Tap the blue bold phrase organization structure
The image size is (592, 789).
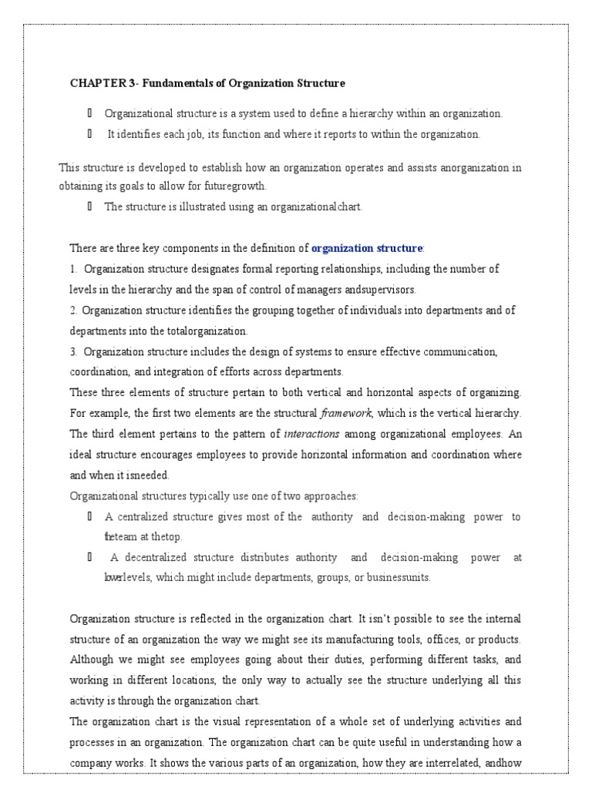click(367, 248)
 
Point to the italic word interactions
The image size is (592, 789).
click(311, 434)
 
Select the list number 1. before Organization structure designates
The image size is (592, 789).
click(74, 269)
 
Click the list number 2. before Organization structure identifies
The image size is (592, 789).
click(74, 311)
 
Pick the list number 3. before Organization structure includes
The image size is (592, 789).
click(74, 351)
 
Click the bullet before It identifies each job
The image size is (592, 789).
click(90, 134)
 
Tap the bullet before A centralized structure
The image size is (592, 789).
click(90, 516)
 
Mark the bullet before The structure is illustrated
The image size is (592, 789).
click(90, 206)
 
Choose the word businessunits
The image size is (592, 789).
click(397, 577)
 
